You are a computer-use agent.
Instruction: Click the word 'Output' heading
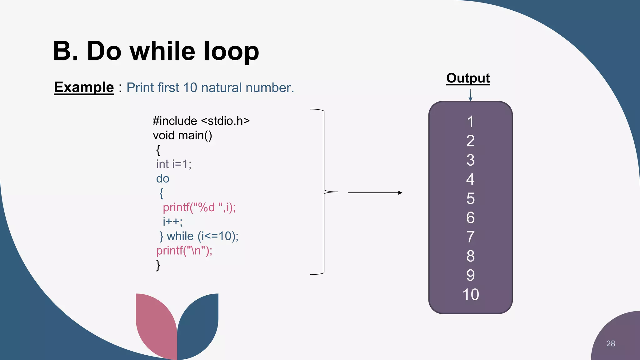[x=468, y=78]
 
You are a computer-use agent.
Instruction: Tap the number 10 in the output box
[x=471, y=294]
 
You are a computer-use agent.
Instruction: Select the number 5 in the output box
[x=471, y=198]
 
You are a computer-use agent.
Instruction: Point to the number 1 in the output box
[x=471, y=122]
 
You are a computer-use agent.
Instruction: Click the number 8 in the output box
[x=471, y=256]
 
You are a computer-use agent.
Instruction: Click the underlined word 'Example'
[x=84, y=87]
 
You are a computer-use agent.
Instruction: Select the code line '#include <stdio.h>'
[x=201, y=121]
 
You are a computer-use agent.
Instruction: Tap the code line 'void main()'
[x=182, y=135]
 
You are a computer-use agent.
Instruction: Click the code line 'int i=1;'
[x=174, y=164]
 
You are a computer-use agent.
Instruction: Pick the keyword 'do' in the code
[x=162, y=178]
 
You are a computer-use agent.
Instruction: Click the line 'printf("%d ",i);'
[x=199, y=207]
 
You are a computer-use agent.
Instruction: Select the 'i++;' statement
[x=172, y=222]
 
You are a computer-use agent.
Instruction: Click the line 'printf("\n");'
[x=184, y=250]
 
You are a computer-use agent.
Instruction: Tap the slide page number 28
[x=610, y=343]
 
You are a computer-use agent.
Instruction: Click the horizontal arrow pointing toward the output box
[x=375, y=193]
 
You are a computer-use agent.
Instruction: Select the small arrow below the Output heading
[x=470, y=95]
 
